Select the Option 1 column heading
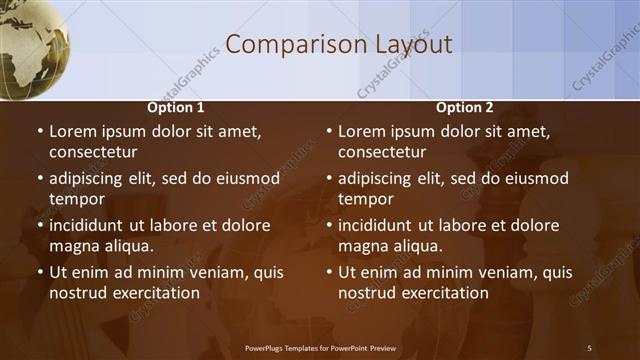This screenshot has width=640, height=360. point(176,107)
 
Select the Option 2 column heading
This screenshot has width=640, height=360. point(465,107)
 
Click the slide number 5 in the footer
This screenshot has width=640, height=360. point(589,347)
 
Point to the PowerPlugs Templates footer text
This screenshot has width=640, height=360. point(320,347)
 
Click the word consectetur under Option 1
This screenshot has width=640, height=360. point(93,152)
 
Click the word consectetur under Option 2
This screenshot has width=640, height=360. point(382,152)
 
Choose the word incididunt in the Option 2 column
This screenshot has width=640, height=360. point(378,226)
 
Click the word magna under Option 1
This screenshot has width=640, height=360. point(73,246)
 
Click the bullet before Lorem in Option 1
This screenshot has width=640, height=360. point(40,132)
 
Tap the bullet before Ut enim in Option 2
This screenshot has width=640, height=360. point(329,273)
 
